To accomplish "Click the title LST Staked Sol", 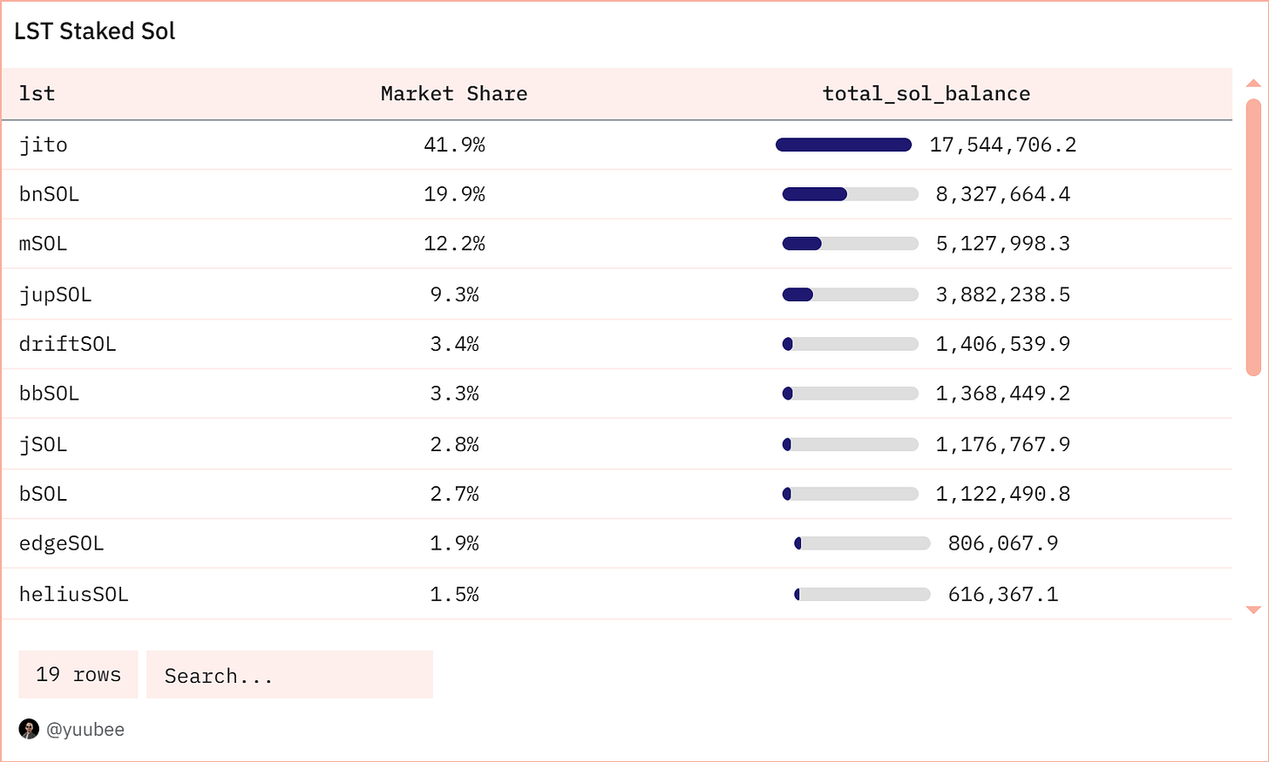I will coord(95,31).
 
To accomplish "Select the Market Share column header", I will coord(454,94).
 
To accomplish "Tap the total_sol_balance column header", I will coord(926,94).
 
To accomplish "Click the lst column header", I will coord(37,94).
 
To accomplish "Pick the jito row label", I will coord(44,145).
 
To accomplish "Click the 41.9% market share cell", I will coord(454,145).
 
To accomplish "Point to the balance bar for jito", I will coord(843,145).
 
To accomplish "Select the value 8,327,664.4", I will coord(1002,194).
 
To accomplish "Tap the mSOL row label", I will coord(44,244).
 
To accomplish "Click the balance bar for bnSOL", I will coord(850,194).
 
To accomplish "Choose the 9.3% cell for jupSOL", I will coord(454,294).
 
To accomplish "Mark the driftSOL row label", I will coord(67,344).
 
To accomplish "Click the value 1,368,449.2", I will coord(1002,394).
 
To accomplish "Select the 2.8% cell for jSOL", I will coord(454,444).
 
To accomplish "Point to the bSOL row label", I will coord(44,494).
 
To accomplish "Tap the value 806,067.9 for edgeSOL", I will coord(1002,543).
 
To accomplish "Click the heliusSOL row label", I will coord(73,594).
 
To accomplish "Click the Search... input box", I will coord(289,675).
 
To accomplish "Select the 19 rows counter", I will coord(78,675).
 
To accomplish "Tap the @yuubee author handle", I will coord(85,730).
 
